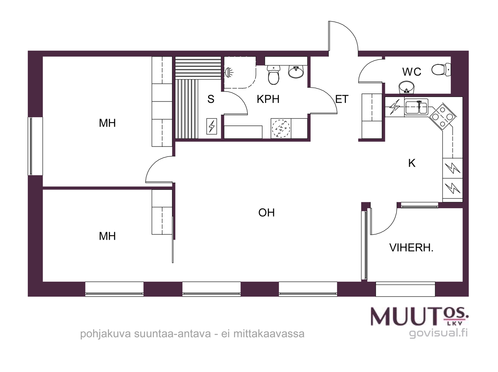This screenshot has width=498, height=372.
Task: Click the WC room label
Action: click(411, 72)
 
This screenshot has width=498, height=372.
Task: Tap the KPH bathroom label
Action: click(268, 99)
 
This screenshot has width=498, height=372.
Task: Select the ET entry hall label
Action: click(342, 99)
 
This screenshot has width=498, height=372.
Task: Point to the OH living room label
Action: click(266, 213)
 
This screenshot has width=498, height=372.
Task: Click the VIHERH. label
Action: click(411, 248)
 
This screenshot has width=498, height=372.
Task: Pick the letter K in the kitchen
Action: click(412, 163)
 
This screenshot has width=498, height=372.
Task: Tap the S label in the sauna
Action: click(211, 99)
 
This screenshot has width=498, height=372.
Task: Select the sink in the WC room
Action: click(406, 87)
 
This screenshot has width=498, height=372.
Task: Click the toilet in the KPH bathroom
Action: click(273, 75)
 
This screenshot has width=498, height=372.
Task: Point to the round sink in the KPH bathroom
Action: click(296, 72)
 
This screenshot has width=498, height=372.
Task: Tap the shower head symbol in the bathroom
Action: click(229, 72)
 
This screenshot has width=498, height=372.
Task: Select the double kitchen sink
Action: click(416, 107)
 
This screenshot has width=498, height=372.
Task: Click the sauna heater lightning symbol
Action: click(211, 126)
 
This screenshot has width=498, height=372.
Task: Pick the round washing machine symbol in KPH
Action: click(281, 128)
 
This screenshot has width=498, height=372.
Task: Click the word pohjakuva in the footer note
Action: click(106, 334)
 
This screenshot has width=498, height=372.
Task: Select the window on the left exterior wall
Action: click(35, 146)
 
